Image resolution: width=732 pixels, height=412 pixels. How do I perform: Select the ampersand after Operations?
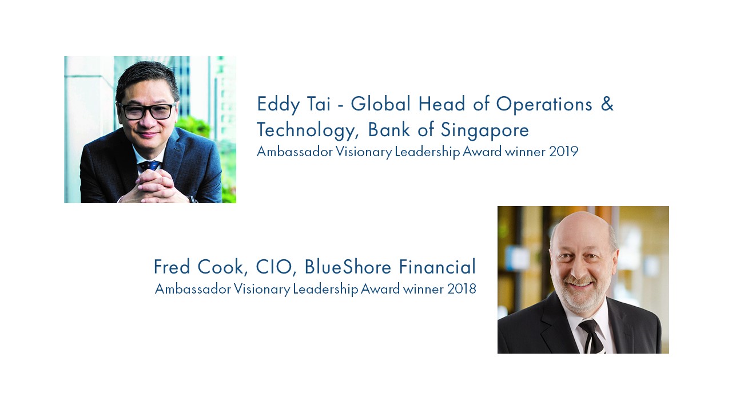607,104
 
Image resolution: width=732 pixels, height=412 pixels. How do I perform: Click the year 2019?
564,152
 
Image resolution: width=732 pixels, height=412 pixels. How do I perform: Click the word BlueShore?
348,267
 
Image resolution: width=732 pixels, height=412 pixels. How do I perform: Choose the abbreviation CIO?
273,267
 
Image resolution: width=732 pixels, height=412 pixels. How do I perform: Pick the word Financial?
437,267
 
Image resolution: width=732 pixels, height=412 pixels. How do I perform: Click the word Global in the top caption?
381,104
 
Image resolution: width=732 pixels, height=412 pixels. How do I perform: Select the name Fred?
172,267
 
